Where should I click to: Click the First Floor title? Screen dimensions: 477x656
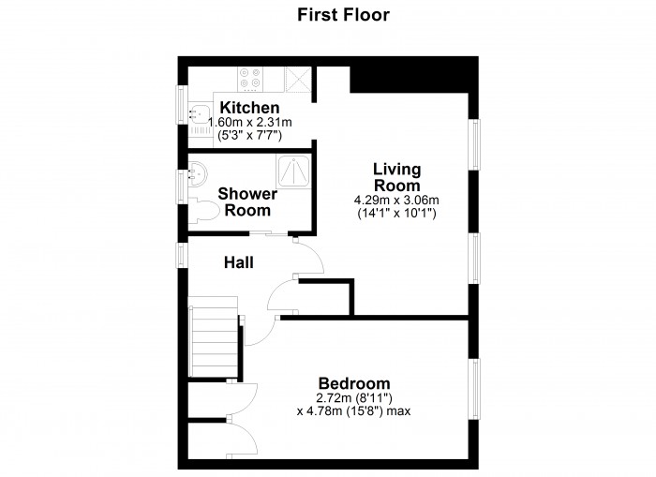[x=343, y=14]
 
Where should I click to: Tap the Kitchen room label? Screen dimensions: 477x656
[x=249, y=108]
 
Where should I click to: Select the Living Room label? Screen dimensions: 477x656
[x=396, y=177]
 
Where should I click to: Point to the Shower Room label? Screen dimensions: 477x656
[x=247, y=202]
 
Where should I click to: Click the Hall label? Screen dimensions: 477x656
[x=238, y=263]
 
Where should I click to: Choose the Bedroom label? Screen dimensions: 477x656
[x=354, y=383]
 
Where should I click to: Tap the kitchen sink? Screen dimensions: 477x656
[x=199, y=114]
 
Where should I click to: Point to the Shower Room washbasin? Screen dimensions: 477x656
[x=197, y=172]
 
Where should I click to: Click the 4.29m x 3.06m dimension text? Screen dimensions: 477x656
[x=396, y=200]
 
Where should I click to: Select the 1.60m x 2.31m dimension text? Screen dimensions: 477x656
[x=250, y=123]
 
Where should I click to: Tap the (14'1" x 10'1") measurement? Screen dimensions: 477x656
[x=396, y=214]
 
